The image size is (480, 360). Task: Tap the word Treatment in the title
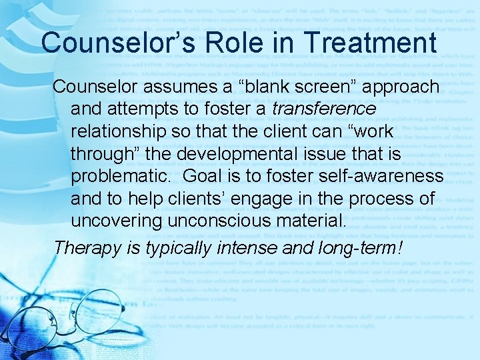[x=361, y=42]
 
